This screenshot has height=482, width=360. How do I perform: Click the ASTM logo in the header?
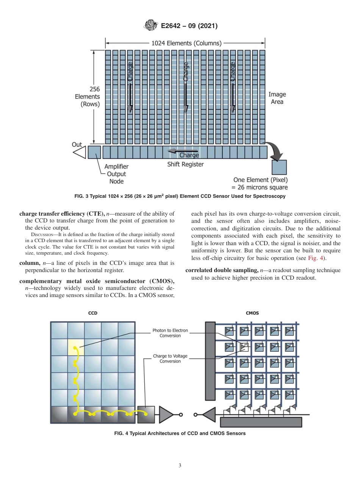click(x=151, y=26)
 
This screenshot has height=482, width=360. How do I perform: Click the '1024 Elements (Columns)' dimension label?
click(x=186, y=43)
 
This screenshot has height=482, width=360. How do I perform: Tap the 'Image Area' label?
click(x=277, y=98)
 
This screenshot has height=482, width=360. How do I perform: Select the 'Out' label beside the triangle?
click(x=77, y=144)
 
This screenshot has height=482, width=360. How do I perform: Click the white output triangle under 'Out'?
click(x=80, y=152)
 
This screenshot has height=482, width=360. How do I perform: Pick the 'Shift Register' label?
click(x=185, y=164)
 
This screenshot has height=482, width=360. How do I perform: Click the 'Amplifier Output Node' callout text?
click(x=116, y=174)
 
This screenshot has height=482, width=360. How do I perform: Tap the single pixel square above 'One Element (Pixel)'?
click(x=279, y=167)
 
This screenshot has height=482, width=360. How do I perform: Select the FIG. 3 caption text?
click(x=180, y=196)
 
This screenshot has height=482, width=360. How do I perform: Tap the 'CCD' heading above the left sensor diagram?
click(x=92, y=313)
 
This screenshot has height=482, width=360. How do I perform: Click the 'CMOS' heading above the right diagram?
click(x=252, y=313)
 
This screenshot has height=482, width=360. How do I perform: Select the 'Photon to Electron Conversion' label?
click(x=170, y=333)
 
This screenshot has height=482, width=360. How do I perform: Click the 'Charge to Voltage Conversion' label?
click(x=170, y=358)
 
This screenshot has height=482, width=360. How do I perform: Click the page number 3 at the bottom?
click(x=180, y=465)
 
